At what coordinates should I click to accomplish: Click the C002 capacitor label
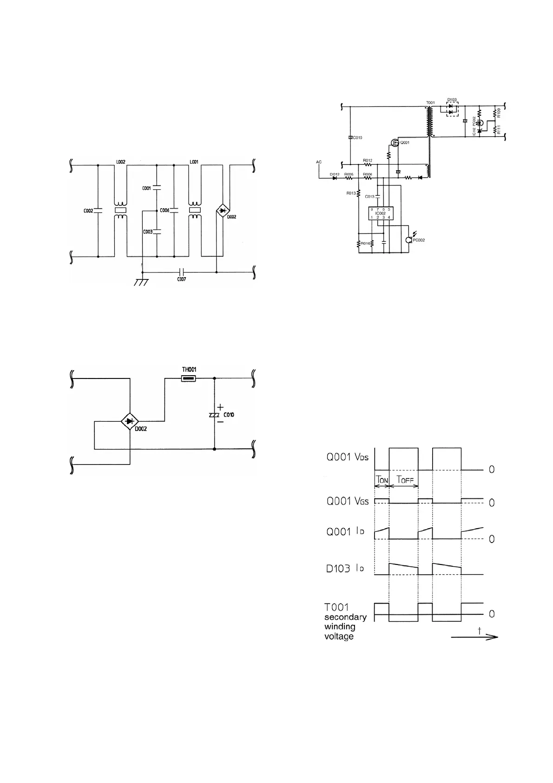[x=88, y=211]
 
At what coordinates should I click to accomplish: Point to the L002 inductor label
[x=120, y=162]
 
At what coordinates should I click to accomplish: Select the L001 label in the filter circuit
[x=194, y=162]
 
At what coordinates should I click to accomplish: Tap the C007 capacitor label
[x=181, y=279]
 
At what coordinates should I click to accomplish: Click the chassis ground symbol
[x=141, y=282]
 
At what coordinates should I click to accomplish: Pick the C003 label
[x=147, y=232]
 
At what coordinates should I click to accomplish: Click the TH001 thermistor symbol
[x=188, y=379]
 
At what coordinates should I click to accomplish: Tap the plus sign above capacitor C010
[x=220, y=407]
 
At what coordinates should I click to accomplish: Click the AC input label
[x=319, y=162]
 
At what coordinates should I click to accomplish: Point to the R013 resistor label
[x=351, y=193]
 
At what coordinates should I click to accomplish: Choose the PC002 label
[x=419, y=240]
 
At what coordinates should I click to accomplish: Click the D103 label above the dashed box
[x=452, y=100]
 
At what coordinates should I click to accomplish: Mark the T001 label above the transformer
[x=430, y=102]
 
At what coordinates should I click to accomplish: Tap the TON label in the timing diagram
[x=382, y=480]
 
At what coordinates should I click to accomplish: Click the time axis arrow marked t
[x=474, y=637]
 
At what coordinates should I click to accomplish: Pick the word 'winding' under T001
[x=340, y=627]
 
